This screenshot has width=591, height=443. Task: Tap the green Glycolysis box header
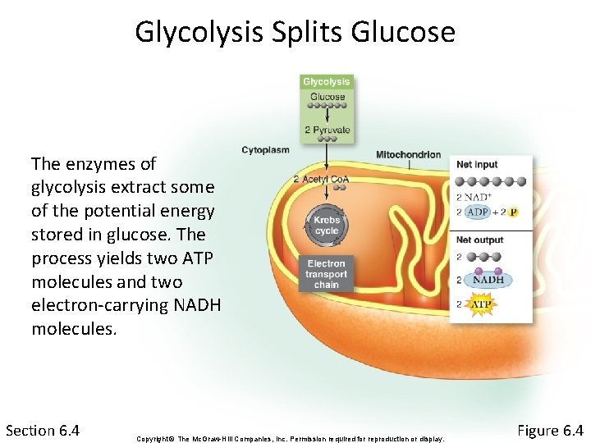[327, 81]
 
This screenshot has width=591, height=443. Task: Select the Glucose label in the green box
[327, 96]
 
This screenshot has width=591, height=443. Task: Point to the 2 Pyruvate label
[327, 130]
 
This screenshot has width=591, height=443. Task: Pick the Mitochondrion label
[408, 155]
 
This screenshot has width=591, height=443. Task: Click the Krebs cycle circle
[327, 226]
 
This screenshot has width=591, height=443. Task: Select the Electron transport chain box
[327, 274]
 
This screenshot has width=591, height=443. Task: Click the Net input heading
[477, 165]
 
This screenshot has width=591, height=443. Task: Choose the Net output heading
[480, 240]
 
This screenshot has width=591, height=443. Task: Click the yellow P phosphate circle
[514, 212]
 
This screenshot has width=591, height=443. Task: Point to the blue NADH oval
[488, 280]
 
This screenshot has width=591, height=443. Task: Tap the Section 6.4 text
[43, 430]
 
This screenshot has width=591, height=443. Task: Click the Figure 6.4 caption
[550, 430]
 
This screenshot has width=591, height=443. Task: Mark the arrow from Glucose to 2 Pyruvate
[327, 116]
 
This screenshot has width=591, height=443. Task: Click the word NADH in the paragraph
[193, 306]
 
